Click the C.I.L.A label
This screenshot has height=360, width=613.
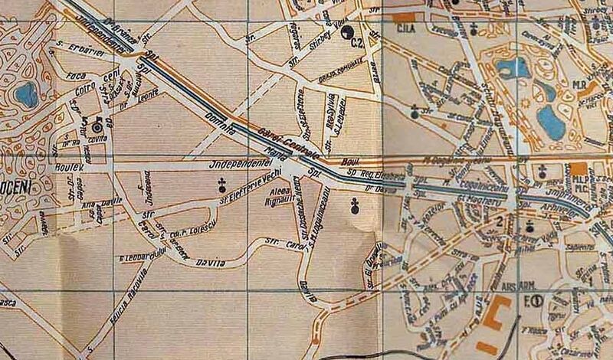[x=404, y=28]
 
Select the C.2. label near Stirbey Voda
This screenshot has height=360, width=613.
[x=356, y=44]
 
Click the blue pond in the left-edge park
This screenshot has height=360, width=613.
[x=26, y=95]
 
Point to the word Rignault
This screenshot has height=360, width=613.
[x=258, y=201]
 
